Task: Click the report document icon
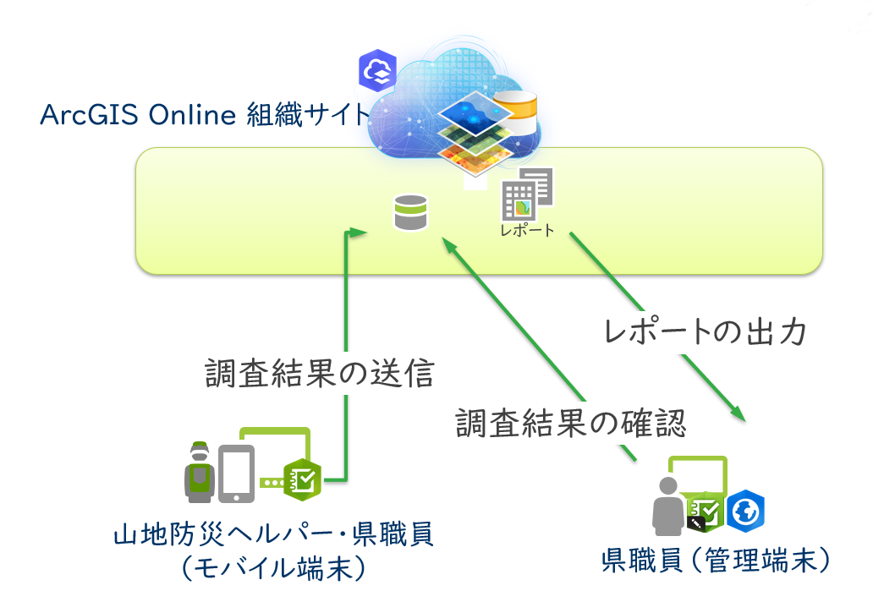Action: (x=528, y=194)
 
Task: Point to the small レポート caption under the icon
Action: (x=527, y=230)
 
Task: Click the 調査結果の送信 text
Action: (x=320, y=373)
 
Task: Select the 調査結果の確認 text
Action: (x=570, y=422)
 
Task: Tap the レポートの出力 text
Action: (x=708, y=331)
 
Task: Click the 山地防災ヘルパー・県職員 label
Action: (x=273, y=534)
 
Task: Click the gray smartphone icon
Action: (x=237, y=473)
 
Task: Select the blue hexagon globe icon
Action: (x=747, y=511)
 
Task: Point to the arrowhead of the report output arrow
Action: (x=738, y=413)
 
